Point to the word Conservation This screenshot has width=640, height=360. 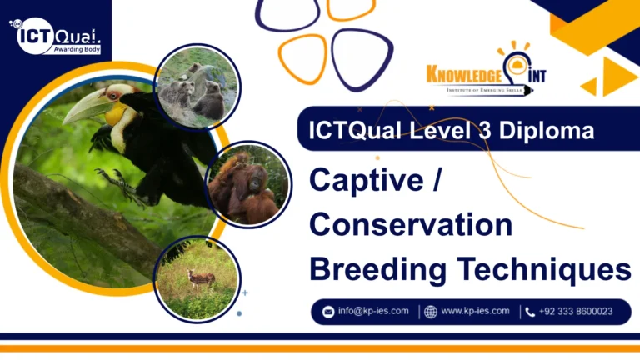tap(411, 225)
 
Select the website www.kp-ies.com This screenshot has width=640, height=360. tap(475, 312)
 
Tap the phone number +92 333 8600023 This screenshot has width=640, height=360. tap(576, 312)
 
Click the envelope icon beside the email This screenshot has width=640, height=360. tap(328, 312)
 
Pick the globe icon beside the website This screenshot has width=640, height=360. tap(430, 312)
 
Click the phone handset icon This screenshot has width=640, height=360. tap(530, 312)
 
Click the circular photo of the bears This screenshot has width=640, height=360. tap(197, 87)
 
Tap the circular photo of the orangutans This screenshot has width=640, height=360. tap(247, 185)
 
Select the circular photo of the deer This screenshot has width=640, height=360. tap(197, 278)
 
